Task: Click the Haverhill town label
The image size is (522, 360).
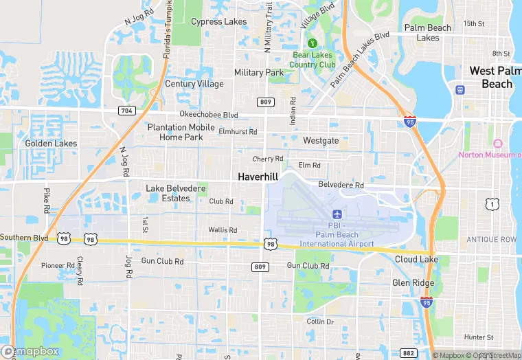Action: click(x=258, y=177)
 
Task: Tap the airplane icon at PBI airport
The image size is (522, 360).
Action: click(x=337, y=216)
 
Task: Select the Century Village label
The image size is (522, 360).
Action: click(x=194, y=84)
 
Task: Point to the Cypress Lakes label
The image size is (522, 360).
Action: click(x=218, y=21)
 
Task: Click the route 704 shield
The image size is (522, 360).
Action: click(x=126, y=110)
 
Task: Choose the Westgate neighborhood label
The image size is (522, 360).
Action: click(x=321, y=140)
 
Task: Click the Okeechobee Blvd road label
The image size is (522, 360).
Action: click(x=209, y=115)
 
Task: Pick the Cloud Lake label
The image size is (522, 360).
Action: click(x=416, y=260)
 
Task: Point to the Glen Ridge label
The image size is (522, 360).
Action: click(x=413, y=283)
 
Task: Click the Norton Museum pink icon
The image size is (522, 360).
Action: click(x=498, y=143)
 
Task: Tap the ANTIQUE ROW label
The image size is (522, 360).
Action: click(x=490, y=239)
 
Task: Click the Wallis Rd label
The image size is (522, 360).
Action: click(x=223, y=230)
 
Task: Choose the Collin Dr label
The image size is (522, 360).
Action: click(x=320, y=322)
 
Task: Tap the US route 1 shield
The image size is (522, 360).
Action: click(x=491, y=203)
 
